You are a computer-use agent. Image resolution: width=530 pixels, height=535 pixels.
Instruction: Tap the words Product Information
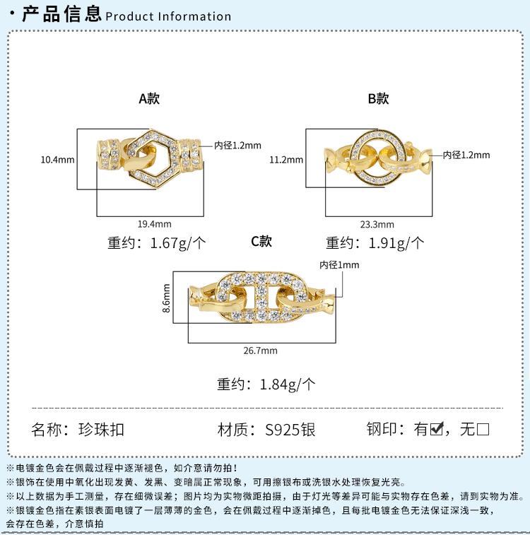click(x=168, y=16)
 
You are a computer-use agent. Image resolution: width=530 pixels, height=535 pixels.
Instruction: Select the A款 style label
click(x=149, y=98)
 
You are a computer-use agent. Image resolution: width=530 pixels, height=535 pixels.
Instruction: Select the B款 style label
click(x=378, y=98)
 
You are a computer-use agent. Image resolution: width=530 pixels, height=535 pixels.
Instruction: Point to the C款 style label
click(x=261, y=241)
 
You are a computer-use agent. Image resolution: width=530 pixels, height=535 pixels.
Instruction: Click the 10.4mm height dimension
click(x=57, y=160)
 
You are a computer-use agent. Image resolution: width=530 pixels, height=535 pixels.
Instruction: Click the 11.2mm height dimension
click(x=286, y=160)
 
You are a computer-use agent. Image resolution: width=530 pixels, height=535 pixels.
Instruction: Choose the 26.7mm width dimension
click(x=261, y=350)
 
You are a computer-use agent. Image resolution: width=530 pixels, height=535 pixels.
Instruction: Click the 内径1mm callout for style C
click(x=339, y=265)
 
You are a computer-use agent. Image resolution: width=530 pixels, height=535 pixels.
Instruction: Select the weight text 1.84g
click(x=278, y=384)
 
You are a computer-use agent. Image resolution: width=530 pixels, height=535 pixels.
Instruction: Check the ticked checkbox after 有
click(x=436, y=428)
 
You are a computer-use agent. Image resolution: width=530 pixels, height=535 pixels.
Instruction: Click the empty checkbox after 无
click(x=483, y=428)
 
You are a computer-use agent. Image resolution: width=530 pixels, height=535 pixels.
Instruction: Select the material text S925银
click(x=290, y=429)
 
